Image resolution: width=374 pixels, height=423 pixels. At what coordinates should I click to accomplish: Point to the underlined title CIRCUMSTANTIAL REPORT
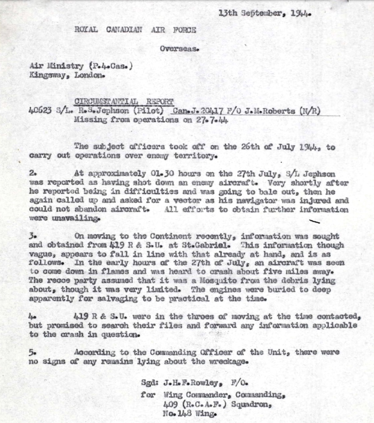124,102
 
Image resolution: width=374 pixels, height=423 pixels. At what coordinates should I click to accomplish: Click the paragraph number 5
31,352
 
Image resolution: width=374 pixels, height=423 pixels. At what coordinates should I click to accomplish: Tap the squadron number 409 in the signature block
172,405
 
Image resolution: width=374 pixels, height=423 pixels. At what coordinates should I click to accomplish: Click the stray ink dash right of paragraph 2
315,221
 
